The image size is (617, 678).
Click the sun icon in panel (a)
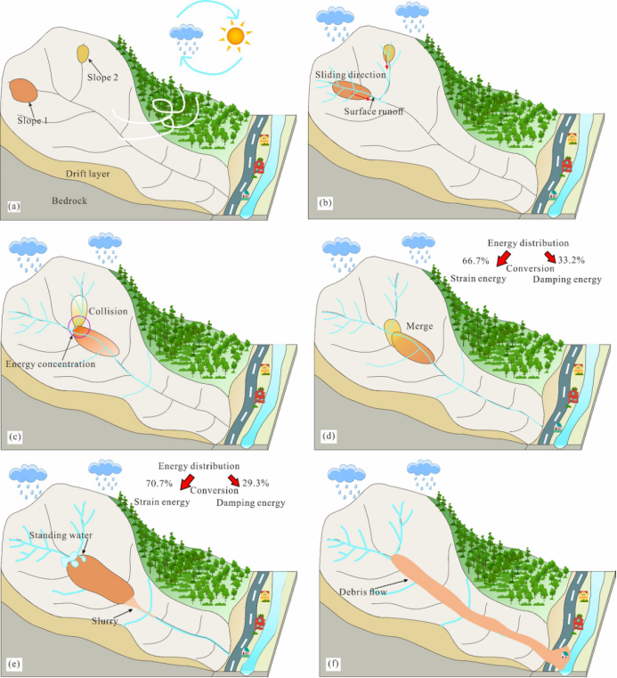[235, 36]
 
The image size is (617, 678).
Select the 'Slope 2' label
[105, 78]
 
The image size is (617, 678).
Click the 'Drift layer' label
[87, 173]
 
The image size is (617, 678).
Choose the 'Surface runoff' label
[375, 112]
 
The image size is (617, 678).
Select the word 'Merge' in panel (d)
[419, 326]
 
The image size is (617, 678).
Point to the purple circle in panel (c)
[79, 328]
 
